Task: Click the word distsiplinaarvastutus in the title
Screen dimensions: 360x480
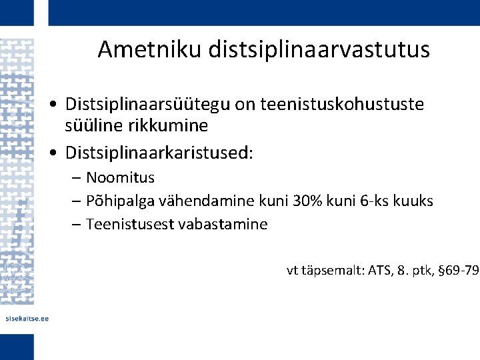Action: (x=319, y=49)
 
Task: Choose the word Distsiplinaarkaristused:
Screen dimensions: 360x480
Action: (x=159, y=153)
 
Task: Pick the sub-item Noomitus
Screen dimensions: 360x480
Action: (x=120, y=178)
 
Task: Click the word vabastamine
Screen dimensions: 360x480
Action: (x=223, y=224)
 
